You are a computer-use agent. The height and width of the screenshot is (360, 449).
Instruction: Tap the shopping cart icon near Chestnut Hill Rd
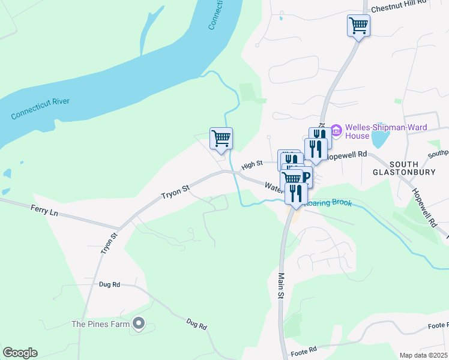[x=358, y=26]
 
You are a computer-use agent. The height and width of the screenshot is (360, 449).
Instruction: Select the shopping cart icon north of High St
[x=221, y=138]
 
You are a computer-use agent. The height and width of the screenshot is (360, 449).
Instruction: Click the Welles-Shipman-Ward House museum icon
[x=336, y=130]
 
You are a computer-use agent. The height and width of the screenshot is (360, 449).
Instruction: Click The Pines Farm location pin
[x=139, y=324]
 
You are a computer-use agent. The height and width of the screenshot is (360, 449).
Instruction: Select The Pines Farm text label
[x=101, y=324]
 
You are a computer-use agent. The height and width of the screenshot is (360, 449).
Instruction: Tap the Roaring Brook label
[x=329, y=203]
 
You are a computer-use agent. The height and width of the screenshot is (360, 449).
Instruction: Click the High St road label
[x=252, y=164]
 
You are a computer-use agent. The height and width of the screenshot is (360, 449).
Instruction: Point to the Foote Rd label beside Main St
[x=303, y=350]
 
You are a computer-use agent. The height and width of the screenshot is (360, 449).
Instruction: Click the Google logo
[x=20, y=353]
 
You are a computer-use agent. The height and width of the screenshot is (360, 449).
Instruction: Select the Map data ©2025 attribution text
[x=423, y=355]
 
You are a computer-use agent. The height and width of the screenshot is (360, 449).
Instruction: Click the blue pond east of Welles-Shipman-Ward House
[x=379, y=139]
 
